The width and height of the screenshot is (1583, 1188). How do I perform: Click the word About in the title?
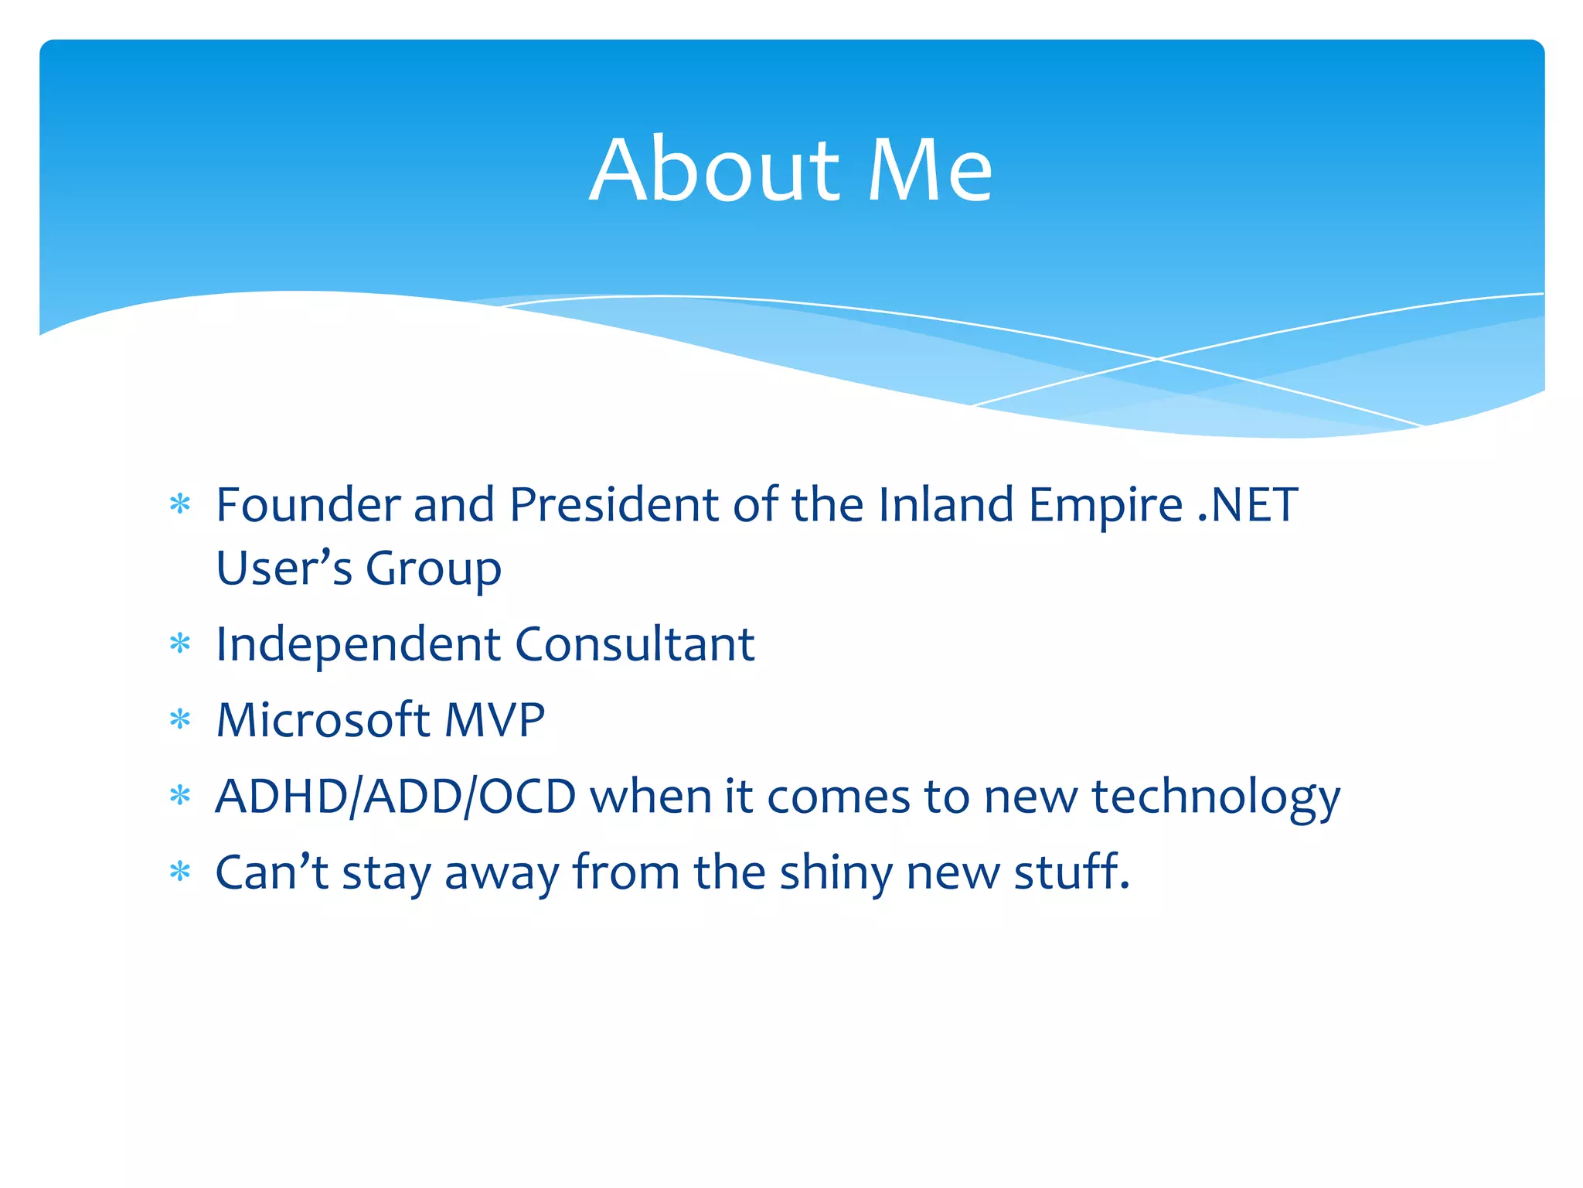coord(714,170)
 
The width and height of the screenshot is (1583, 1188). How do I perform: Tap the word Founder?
coord(307,505)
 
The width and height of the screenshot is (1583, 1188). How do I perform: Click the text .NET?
coord(1248,505)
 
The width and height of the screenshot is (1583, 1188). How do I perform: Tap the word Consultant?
coord(635,643)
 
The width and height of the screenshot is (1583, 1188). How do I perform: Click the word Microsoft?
coord(322,720)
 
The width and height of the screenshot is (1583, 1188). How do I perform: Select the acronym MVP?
coord(495,720)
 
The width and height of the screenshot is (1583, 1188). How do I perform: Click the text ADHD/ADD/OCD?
coord(396,797)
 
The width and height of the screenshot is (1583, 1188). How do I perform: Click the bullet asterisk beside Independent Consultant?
coord(180,644)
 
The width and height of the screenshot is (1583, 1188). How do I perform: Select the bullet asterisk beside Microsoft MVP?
coord(180,720)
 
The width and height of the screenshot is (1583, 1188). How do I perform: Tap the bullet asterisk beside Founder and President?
coord(180,506)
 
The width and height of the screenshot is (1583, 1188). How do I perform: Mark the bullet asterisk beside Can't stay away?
coord(180,872)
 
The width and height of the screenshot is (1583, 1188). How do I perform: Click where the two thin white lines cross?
coord(1157,359)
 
